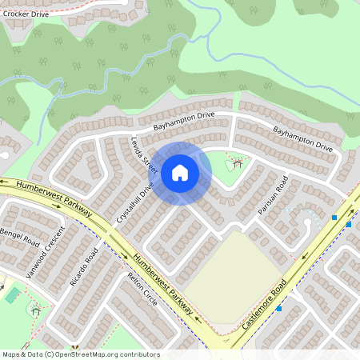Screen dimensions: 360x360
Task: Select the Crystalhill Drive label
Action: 134,205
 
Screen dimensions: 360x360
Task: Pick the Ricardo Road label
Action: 83,267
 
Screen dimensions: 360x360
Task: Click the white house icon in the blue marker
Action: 180,172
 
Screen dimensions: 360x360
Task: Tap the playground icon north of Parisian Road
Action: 238,164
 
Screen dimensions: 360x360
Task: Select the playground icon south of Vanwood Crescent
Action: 34,309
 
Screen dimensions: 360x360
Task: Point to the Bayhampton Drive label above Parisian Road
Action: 302,138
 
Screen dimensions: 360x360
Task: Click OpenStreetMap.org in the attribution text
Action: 91,354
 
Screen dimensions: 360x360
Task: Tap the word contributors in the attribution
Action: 138,354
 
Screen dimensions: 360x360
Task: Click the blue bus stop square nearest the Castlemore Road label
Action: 279,309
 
